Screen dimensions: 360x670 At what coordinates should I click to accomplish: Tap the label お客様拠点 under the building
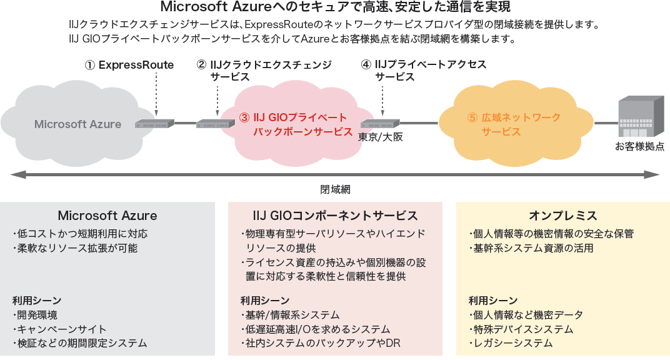639,147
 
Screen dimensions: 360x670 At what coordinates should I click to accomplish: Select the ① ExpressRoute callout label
129,64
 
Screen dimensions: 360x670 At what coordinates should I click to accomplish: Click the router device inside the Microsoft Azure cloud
151,124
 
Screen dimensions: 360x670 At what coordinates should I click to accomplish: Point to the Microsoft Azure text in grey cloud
77,124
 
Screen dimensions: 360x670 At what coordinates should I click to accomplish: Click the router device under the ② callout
212,124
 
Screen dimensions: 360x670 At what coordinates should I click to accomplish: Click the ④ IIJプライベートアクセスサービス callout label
424,70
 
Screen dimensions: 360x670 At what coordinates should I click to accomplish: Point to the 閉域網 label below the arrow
335,188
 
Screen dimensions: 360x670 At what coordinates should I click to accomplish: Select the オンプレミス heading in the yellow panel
563,216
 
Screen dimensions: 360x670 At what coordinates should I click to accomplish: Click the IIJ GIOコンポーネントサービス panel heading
335,216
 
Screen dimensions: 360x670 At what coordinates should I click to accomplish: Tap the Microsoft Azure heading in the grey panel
107,216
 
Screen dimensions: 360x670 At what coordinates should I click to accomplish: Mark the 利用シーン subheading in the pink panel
265,300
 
